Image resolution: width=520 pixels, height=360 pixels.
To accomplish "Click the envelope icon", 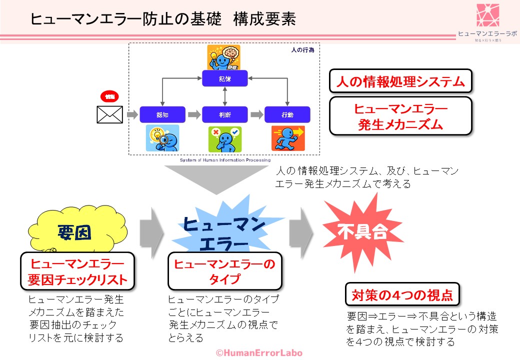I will [x=109, y=114].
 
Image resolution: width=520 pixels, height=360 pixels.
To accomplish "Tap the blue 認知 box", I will [x=162, y=114].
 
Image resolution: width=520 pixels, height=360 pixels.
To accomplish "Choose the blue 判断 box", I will [x=225, y=114].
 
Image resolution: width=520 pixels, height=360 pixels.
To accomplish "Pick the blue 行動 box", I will [x=287, y=114].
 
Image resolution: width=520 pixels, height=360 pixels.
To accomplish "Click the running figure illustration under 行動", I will [x=287, y=138].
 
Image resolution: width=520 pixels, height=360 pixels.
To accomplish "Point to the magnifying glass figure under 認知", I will [x=162, y=138].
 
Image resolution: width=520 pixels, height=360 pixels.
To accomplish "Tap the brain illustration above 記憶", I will [x=224, y=57].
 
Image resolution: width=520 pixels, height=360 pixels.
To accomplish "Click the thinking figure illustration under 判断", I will [x=225, y=138].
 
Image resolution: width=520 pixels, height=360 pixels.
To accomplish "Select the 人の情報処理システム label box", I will [x=400, y=81].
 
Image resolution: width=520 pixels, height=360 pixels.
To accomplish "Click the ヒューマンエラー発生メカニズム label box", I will [x=400, y=116].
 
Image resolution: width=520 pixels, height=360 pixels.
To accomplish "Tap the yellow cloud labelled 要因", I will [x=75, y=232].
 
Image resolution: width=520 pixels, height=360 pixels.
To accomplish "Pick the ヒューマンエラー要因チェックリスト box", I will [x=77, y=271].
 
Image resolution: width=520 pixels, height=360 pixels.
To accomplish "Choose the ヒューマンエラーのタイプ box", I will [x=224, y=271].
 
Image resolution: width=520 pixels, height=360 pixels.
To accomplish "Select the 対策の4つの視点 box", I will [x=402, y=294].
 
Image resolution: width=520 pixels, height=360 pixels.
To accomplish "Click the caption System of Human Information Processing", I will [x=225, y=161].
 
